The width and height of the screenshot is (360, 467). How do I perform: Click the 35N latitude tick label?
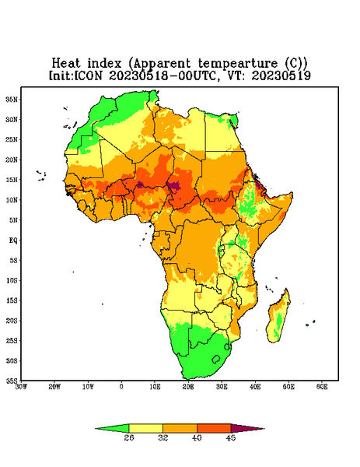(x=12, y=99)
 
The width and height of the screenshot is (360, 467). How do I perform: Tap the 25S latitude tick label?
(x=12, y=340)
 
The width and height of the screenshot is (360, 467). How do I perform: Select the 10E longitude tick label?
(x=155, y=387)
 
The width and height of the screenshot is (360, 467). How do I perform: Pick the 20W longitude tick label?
(x=54, y=387)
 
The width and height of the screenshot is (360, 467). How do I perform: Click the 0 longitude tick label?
(x=121, y=387)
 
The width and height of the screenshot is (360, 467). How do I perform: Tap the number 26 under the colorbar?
(x=129, y=437)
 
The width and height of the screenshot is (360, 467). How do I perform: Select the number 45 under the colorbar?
(x=231, y=437)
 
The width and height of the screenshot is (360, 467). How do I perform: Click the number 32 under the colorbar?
(x=163, y=437)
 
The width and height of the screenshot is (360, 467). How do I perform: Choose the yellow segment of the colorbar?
(x=145, y=428)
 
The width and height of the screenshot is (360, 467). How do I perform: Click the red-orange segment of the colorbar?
(x=214, y=428)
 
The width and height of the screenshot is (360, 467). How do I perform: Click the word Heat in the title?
(x=66, y=63)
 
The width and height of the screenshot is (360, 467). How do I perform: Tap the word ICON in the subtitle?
(x=88, y=75)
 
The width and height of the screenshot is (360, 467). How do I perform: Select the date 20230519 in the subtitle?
(x=281, y=75)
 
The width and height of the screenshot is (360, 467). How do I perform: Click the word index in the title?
(x=105, y=63)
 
